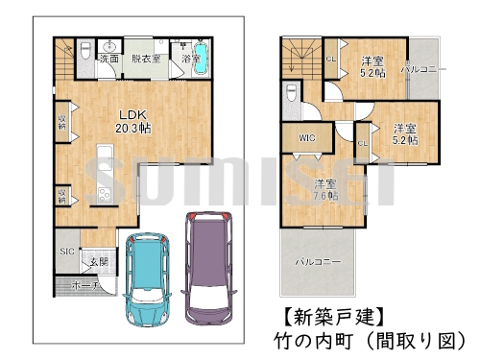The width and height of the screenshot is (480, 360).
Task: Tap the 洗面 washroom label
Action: (x=108, y=60)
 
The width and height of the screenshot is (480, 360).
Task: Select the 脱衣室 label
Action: (x=146, y=59)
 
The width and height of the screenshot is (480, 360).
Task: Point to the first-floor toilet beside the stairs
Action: (x=84, y=50)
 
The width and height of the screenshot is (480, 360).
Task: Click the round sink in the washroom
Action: (x=109, y=46)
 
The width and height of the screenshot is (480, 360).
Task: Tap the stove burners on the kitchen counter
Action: (x=102, y=193)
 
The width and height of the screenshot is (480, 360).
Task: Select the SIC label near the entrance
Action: (x=66, y=251)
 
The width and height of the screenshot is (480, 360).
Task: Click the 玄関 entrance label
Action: (x=99, y=261)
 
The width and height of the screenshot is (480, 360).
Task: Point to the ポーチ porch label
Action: (x=83, y=284)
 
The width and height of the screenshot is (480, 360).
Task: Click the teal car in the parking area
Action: (x=151, y=276)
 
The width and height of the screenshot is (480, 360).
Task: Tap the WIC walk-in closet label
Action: (x=306, y=138)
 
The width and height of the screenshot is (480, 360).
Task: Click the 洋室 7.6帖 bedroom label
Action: (x=324, y=189)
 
